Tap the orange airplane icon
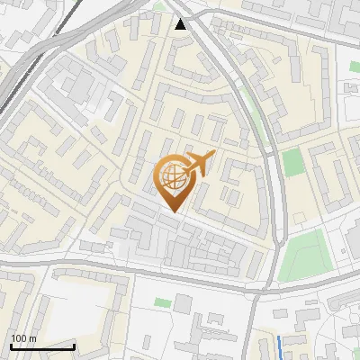201,164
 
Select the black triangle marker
182,23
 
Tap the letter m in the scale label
33,338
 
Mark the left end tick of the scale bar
11,346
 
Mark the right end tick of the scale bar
74,346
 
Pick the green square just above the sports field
292,163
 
